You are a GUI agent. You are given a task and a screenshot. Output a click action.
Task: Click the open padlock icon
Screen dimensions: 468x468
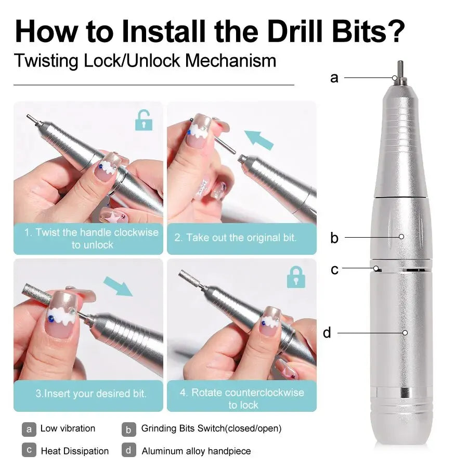click(x=144, y=120)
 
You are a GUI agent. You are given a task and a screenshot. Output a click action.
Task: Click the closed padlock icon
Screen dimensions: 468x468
click(x=296, y=277)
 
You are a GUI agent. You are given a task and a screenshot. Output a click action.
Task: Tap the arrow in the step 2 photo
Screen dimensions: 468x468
click(x=259, y=140)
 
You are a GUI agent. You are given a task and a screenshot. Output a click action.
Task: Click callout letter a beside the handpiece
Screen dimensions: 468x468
click(x=334, y=78)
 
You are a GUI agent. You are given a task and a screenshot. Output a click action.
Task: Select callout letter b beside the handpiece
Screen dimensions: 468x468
click(x=334, y=238)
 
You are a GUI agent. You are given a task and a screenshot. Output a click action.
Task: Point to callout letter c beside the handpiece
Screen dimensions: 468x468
click(x=334, y=269)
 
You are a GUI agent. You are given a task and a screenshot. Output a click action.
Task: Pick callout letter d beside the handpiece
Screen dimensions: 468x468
click(x=327, y=332)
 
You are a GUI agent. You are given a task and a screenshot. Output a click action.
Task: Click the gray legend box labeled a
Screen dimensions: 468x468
click(x=29, y=429)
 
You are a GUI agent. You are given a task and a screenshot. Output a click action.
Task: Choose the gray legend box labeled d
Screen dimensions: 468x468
click(x=129, y=450)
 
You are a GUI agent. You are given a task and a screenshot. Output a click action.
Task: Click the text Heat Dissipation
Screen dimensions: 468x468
click(x=75, y=451)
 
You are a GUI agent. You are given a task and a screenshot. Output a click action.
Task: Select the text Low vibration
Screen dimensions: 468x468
click(x=68, y=428)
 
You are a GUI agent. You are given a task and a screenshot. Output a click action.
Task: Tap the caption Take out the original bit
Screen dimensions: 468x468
click(x=235, y=238)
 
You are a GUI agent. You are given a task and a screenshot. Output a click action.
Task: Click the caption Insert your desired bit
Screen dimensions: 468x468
click(x=91, y=394)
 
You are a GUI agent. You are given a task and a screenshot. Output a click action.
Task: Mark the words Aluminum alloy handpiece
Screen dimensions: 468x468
click(x=196, y=451)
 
